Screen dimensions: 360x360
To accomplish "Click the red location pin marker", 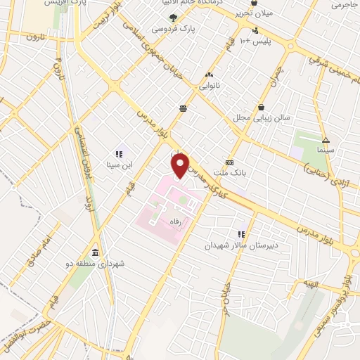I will click(x=181, y=166).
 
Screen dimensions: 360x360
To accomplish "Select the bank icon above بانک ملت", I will click(x=229, y=161).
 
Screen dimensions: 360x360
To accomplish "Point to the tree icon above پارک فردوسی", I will click(x=173, y=18).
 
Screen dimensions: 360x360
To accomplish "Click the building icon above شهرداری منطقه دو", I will click(x=94, y=253).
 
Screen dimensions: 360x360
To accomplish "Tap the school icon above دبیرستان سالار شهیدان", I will click(x=241, y=234).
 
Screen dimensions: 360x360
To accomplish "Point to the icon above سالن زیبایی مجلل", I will click(x=262, y=107).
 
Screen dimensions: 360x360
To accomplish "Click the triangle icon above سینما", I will click(x=325, y=139).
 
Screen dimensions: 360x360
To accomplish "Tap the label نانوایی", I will click(x=209, y=86).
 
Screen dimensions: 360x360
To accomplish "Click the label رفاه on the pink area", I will click(x=175, y=221).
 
